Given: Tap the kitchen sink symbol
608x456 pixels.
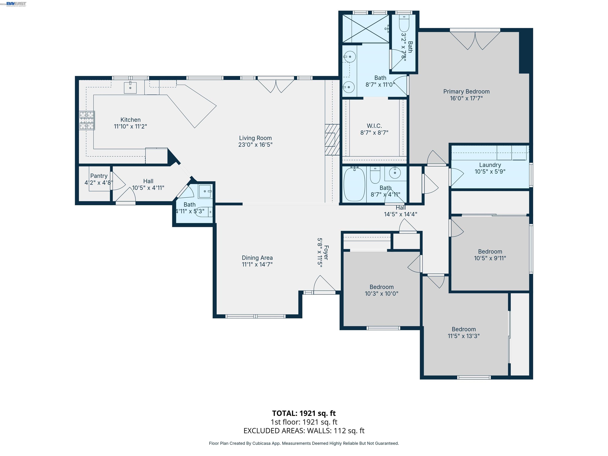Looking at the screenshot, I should [x=130, y=88].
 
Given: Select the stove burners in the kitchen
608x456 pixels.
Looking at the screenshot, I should [x=87, y=120].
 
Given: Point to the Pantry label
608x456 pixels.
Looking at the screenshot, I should [x=99, y=176].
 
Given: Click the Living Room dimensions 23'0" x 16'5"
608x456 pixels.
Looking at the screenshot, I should [x=255, y=145].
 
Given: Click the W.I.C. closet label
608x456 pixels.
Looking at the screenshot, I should [x=374, y=126].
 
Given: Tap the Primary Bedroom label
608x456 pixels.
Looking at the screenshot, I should [x=466, y=91].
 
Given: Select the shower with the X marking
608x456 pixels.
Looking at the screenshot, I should [x=366, y=28].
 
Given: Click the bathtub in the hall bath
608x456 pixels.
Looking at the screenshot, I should [x=354, y=184].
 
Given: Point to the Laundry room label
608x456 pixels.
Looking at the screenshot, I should [x=490, y=165].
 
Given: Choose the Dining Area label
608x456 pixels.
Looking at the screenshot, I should [x=257, y=258].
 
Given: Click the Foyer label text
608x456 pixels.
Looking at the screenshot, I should [x=326, y=252].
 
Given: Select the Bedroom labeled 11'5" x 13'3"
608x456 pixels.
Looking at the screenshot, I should [x=463, y=332].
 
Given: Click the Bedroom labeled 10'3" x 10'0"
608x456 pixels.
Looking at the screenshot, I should [x=381, y=290].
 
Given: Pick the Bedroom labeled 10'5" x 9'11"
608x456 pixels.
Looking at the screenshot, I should [x=490, y=255].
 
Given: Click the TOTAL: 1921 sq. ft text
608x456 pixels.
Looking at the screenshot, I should [x=304, y=413].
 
